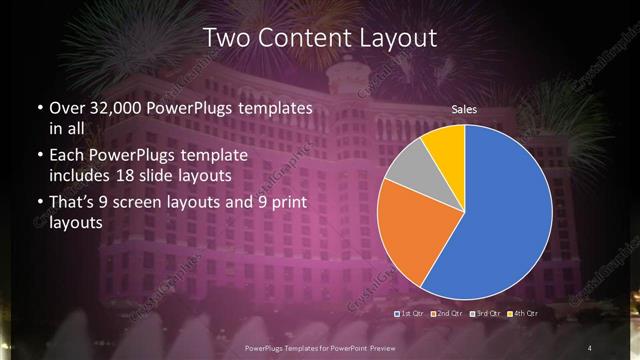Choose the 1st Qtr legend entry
point(413,315)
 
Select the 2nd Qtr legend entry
point(448,315)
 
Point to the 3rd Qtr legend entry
point(485,315)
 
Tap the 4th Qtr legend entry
point(522,315)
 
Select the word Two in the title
point(225,38)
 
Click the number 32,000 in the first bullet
point(120,106)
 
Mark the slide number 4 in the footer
point(589,347)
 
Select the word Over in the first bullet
point(66,106)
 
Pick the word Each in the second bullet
point(66,155)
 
